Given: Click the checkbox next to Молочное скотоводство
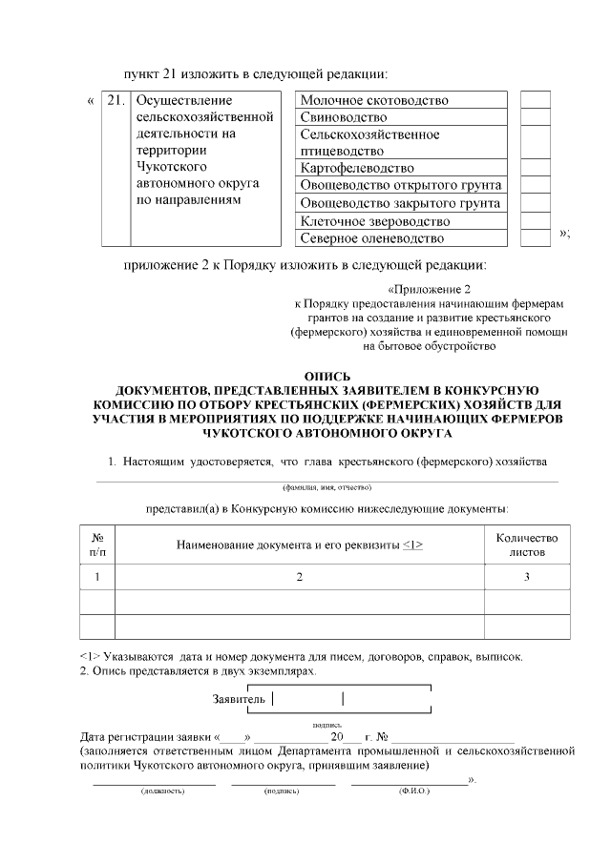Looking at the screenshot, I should coord(536,100).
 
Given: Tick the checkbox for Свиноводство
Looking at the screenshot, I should coord(536,117).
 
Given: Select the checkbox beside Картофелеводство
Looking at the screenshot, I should coord(536,168).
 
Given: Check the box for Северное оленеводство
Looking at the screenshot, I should coord(536,237).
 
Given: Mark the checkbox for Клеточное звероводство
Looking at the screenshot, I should coord(536,220).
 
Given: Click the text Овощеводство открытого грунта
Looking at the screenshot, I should coord(401,185).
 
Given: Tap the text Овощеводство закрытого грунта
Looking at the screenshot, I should coord(400,203).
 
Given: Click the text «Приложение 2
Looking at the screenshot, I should coord(430,288).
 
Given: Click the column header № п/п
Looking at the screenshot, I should coord(97,545).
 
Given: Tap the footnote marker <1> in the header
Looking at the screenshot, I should coord(412,545).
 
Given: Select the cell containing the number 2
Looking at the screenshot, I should coord(299,577).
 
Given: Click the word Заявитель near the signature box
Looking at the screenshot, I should coord(239,699).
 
